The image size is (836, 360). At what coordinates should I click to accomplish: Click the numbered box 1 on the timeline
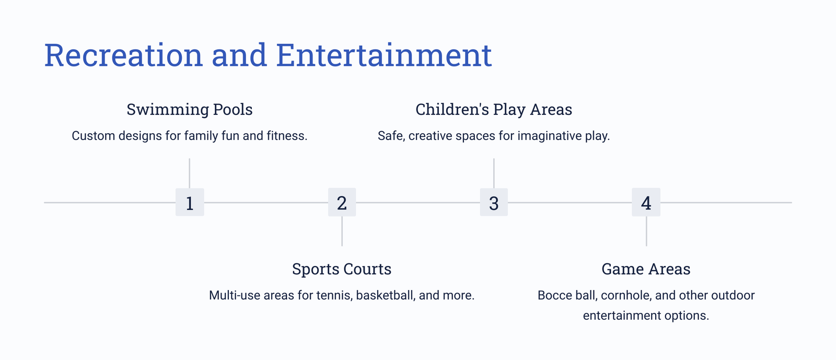(x=190, y=202)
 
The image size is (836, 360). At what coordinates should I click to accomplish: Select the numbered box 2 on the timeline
(x=342, y=202)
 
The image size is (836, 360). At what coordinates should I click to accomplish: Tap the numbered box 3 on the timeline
(x=494, y=202)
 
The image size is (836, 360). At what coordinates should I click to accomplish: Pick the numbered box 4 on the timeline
(x=646, y=202)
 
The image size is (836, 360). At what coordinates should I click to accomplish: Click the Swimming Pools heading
(x=190, y=110)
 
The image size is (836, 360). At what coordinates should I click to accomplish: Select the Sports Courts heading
(x=342, y=269)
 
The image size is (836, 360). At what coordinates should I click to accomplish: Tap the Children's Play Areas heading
(x=494, y=110)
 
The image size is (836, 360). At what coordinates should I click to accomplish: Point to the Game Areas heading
(x=646, y=269)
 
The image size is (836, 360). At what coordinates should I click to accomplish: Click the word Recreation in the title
(x=123, y=55)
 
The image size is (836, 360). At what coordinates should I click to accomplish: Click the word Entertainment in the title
(x=384, y=55)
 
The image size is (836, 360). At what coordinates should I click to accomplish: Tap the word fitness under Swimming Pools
(x=287, y=136)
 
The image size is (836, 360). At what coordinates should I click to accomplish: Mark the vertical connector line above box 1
(x=190, y=173)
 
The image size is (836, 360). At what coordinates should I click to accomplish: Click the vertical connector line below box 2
(x=342, y=231)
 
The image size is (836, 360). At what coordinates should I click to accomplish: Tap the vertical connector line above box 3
(x=494, y=173)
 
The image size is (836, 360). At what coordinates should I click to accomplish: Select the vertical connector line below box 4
(x=646, y=231)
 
